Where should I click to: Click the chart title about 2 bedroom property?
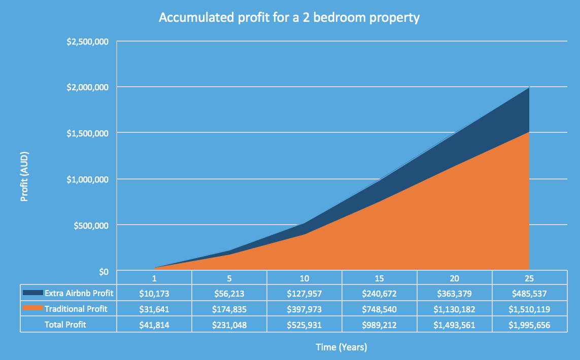coord(289,18)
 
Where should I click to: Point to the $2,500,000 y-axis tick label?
coord(88,42)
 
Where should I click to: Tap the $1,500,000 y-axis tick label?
coord(88,133)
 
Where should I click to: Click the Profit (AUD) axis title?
coord(24,176)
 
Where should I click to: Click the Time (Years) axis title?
coord(341,347)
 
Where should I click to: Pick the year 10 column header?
coord(304,278)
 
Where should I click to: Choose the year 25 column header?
coord(529,278)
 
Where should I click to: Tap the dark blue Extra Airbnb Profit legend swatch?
coord(32,293)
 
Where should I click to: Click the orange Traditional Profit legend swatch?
coord(32,309)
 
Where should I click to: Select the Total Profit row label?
coord(65,325)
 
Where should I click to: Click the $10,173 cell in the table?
coord(154,293)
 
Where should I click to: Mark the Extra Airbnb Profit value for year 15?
coord(380,293)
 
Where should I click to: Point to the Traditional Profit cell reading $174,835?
coord(229,309)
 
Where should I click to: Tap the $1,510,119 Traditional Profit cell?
coord(529,309)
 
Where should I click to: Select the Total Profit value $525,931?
coord(304,325)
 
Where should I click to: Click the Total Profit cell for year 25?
coord(529,325)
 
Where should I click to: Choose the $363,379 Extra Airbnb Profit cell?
coord(454,293)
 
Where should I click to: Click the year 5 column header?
coord(229,278)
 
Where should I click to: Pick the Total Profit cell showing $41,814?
coord(154,325)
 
